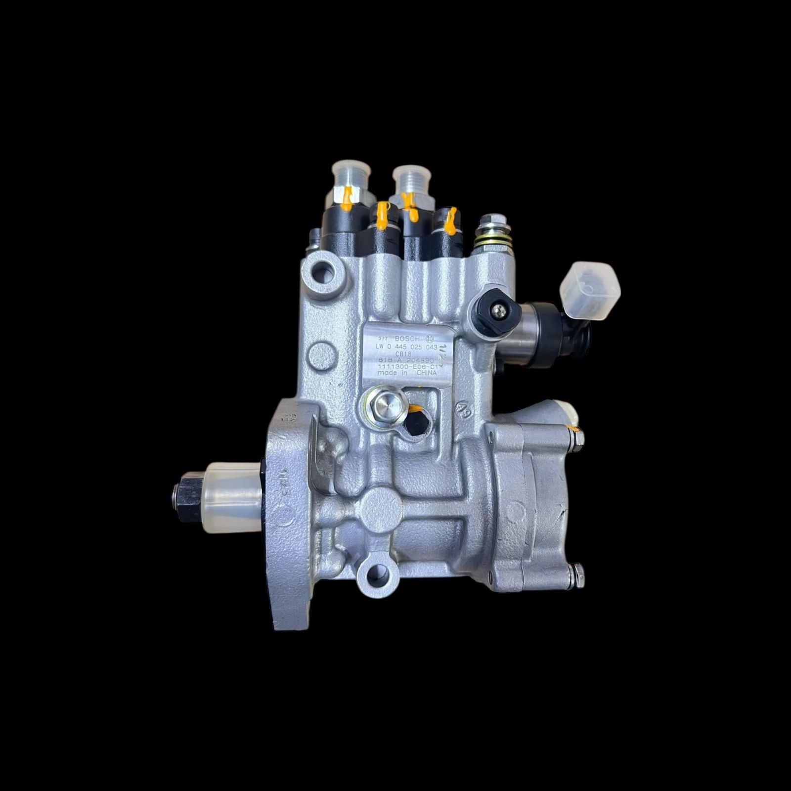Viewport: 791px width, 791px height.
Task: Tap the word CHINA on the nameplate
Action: [x=426, y=374]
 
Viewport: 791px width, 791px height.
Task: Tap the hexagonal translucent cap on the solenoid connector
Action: [x=589, y=290]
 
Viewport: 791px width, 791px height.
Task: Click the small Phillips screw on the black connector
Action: [x=498, y=309]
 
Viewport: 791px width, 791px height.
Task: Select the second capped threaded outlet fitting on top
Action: [x=411, y=180]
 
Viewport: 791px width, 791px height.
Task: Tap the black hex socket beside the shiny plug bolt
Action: [x=415, y=423]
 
